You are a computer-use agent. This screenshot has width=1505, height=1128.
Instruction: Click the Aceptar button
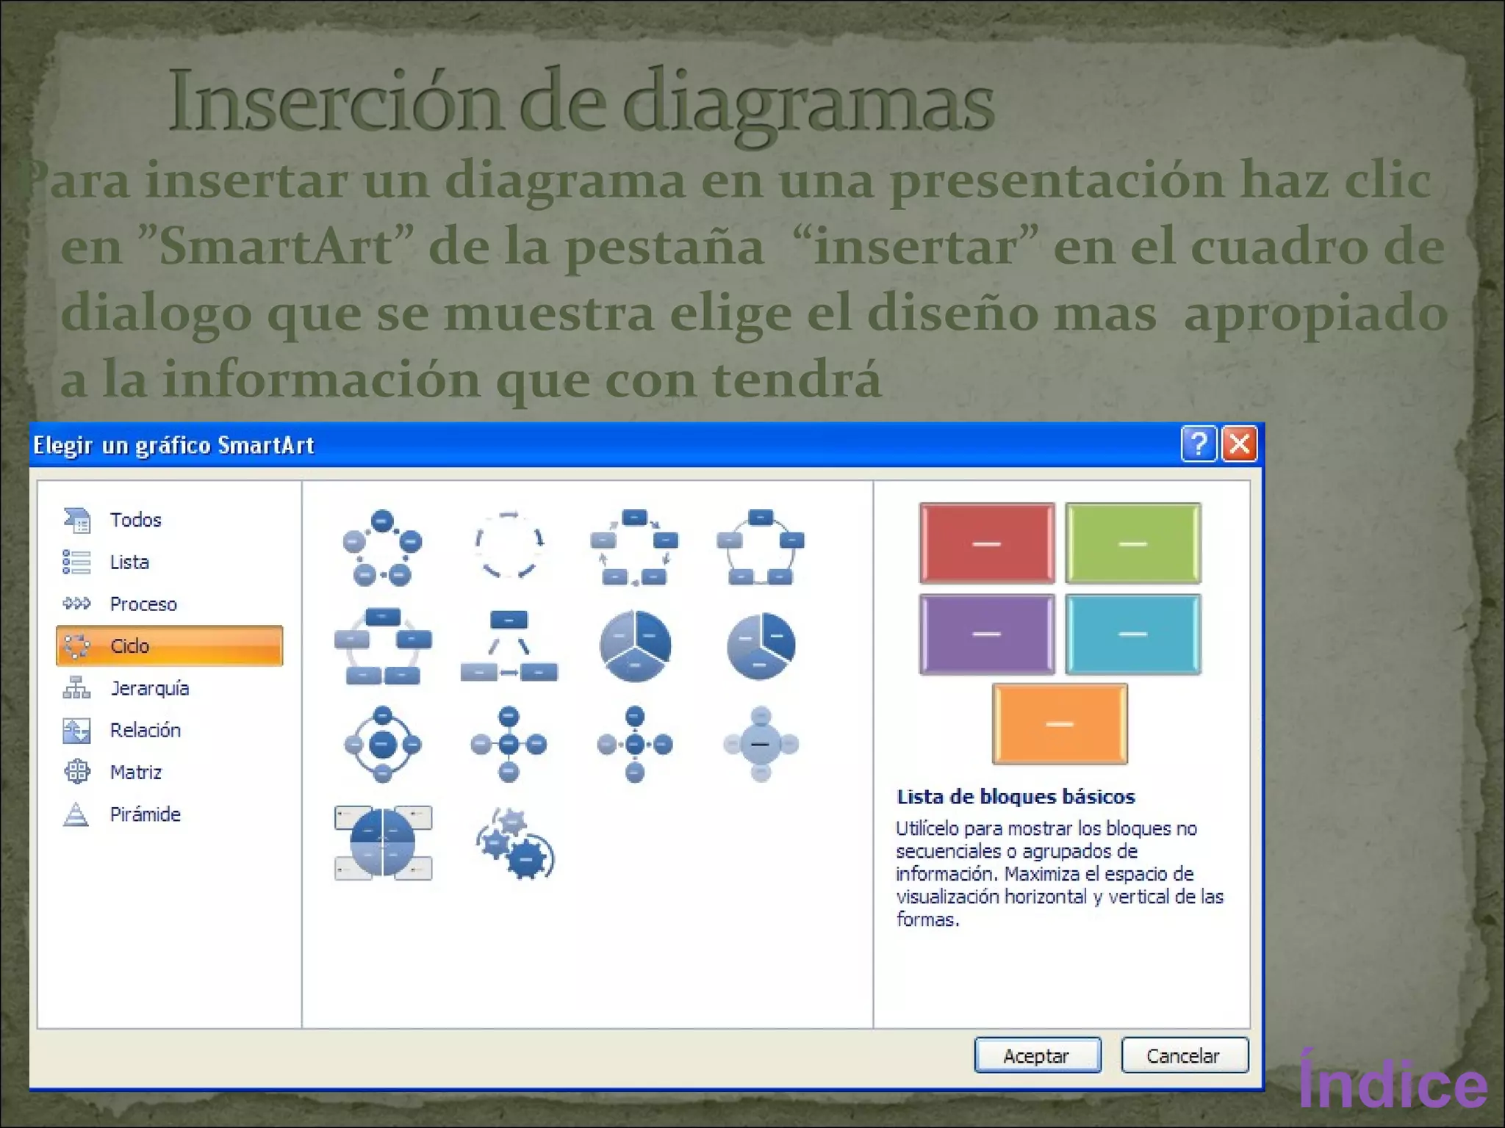(1037, 1055)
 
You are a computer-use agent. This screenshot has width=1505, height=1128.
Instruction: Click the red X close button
(1239, 444)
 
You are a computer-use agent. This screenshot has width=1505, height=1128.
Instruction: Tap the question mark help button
(1199, 444)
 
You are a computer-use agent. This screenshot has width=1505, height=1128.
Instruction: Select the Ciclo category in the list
(169, 646)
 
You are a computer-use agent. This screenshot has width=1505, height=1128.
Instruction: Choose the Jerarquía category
(149, 688)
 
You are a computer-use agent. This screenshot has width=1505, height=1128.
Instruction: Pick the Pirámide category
(145, 814)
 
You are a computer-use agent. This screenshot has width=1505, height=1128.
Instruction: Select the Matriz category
(135, 772)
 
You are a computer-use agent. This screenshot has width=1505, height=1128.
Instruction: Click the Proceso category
(143, 604)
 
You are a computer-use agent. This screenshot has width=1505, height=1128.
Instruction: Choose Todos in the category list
(135, 520)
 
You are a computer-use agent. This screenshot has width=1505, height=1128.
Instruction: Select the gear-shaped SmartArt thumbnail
(515, 843)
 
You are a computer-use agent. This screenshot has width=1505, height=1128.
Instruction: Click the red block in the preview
(986, 543)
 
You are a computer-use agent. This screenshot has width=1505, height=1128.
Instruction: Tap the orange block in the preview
(1059, 723)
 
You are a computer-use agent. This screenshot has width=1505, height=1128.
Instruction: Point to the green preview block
(1132, 543)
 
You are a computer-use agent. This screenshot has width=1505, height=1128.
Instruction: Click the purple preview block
(986, 634)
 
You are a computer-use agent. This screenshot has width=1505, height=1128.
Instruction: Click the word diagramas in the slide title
(808, 103)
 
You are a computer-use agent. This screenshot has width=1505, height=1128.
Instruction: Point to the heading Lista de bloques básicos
(1016, 797)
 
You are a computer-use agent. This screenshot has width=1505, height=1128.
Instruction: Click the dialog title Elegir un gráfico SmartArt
(173, 445)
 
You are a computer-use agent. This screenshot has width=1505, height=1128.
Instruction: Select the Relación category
(145, 730)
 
